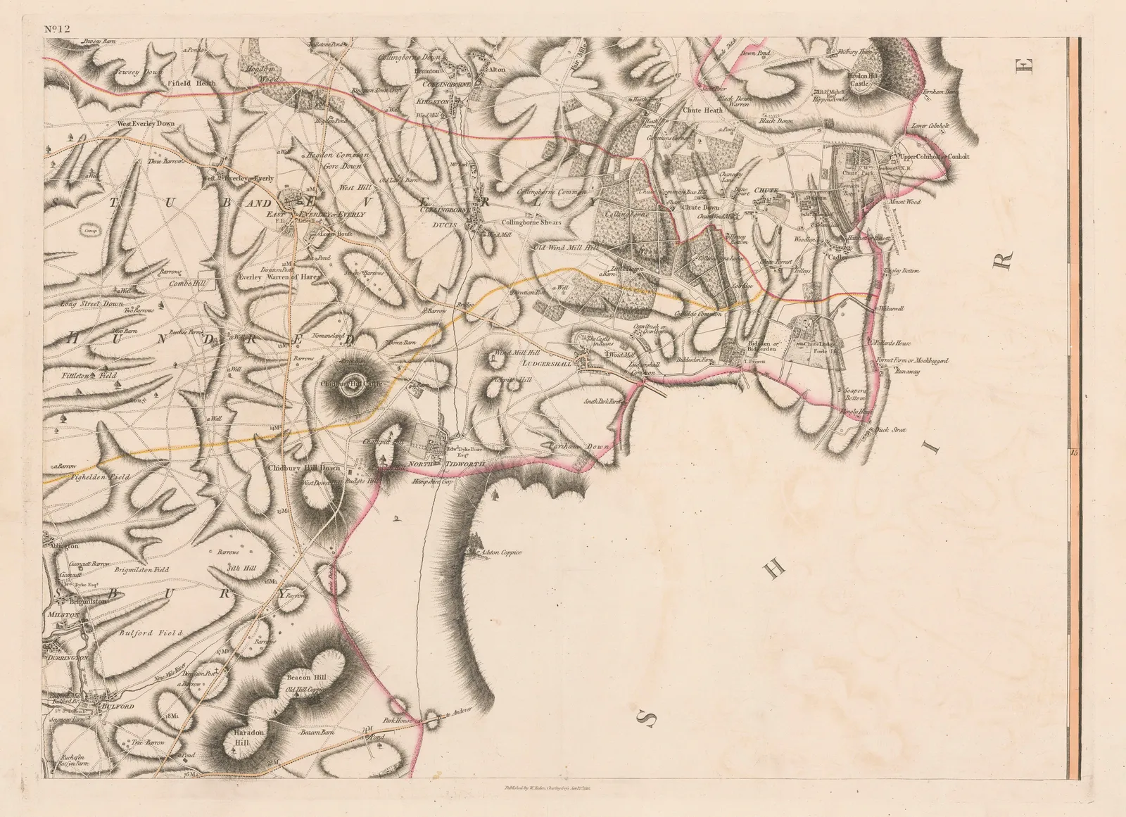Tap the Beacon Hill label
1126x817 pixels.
tap(306, 677)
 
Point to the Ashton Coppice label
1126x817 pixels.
tap(501, 552)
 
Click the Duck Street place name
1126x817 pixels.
tap(892, 429)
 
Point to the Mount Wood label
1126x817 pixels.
tap(905, 202)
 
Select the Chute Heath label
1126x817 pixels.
tap(703, 110)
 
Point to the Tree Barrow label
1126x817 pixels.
tap(148, 742)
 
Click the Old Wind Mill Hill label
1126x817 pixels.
tap(565, 248)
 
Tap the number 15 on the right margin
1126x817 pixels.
tap(1074, 452)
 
